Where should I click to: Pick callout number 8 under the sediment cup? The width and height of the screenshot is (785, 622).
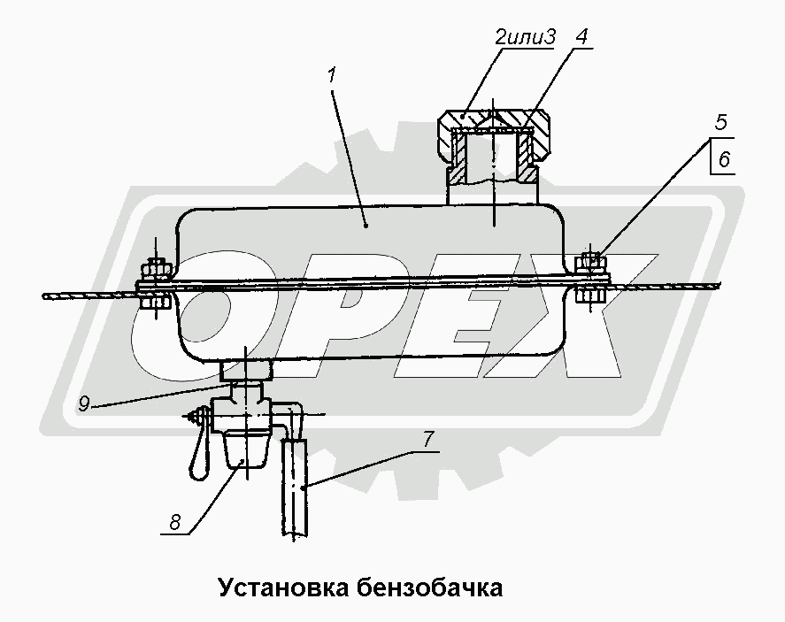[x=177, y=522]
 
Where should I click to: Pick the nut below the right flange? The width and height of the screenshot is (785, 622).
[x=590, y=295]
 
